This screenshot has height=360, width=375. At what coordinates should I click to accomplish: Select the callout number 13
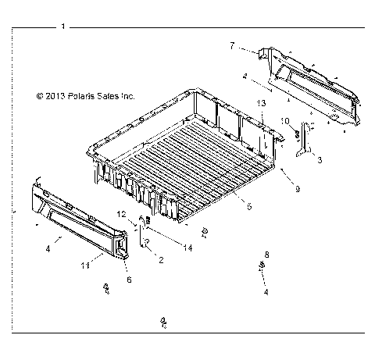261,104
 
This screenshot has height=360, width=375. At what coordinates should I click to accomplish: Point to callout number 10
286,119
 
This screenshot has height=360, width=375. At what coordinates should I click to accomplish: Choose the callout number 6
129,279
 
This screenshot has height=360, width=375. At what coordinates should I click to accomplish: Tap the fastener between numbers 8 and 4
259,268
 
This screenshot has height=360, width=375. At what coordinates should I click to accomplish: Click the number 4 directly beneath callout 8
266,291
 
